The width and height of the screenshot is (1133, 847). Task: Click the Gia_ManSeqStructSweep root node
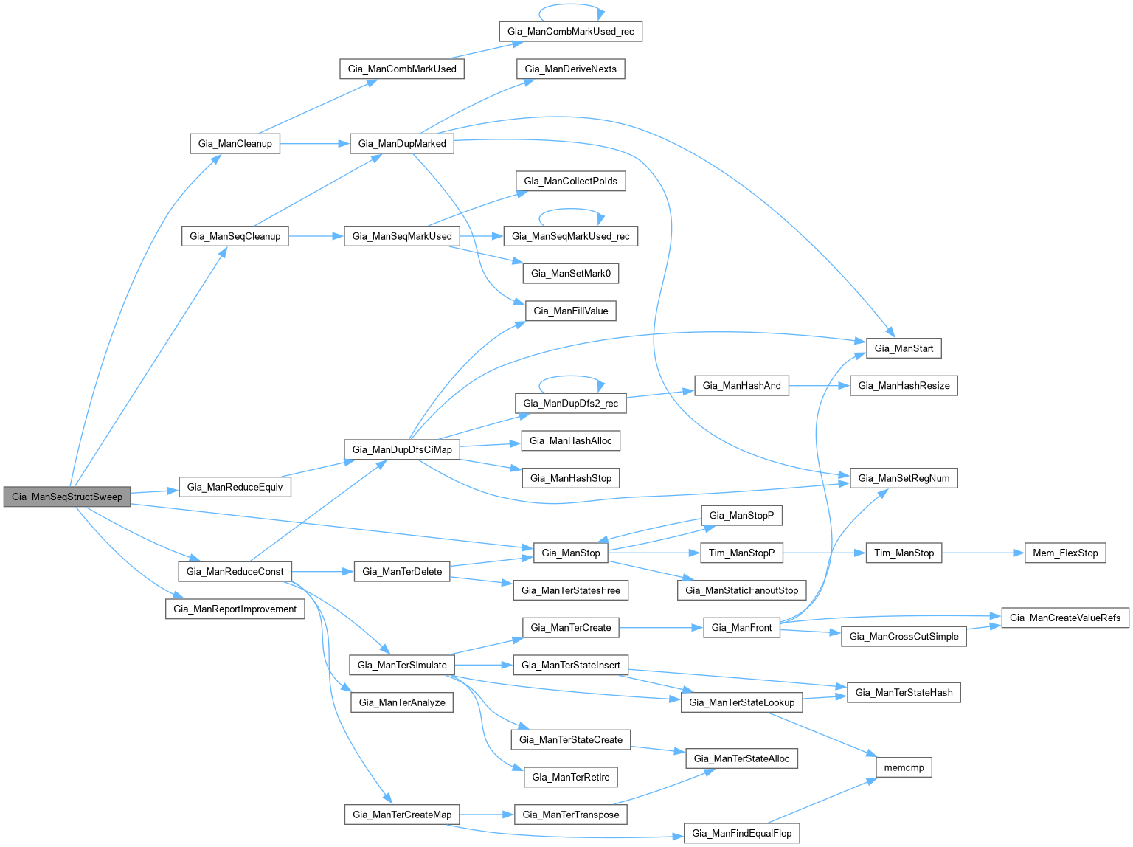[x=67, y=497]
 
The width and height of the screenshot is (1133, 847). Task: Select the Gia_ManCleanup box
[x=235, y=143]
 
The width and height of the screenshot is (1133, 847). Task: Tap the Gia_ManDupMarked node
[x=402, y=143]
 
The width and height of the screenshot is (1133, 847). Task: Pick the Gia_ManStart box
[x=904, y=348]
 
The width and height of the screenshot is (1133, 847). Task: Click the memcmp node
[x=904, y=767]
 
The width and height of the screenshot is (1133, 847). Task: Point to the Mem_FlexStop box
[x=1065, y=553]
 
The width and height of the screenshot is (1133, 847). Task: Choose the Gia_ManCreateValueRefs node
[x=1064, y=618]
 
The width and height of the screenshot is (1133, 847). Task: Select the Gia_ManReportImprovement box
[x=235, y=609]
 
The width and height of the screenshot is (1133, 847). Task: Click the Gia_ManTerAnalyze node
[x=402, y=702]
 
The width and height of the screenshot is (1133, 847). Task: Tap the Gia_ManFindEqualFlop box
[x=741, y=833]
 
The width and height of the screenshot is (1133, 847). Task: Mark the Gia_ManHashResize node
[x=904, y=385]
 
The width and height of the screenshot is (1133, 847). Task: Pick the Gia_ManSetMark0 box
[x=571, y=273]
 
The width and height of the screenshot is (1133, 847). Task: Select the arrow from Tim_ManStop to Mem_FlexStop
[x=983, y=553]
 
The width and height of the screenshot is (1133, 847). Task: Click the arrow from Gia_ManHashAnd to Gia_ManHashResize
[x=819, y=385]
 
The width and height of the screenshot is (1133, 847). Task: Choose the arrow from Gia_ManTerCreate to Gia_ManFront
[x=661, y=628]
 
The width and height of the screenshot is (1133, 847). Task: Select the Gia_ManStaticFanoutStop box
[x=741, y=590]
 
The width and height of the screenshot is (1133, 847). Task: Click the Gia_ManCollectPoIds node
[x=571, y=181]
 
